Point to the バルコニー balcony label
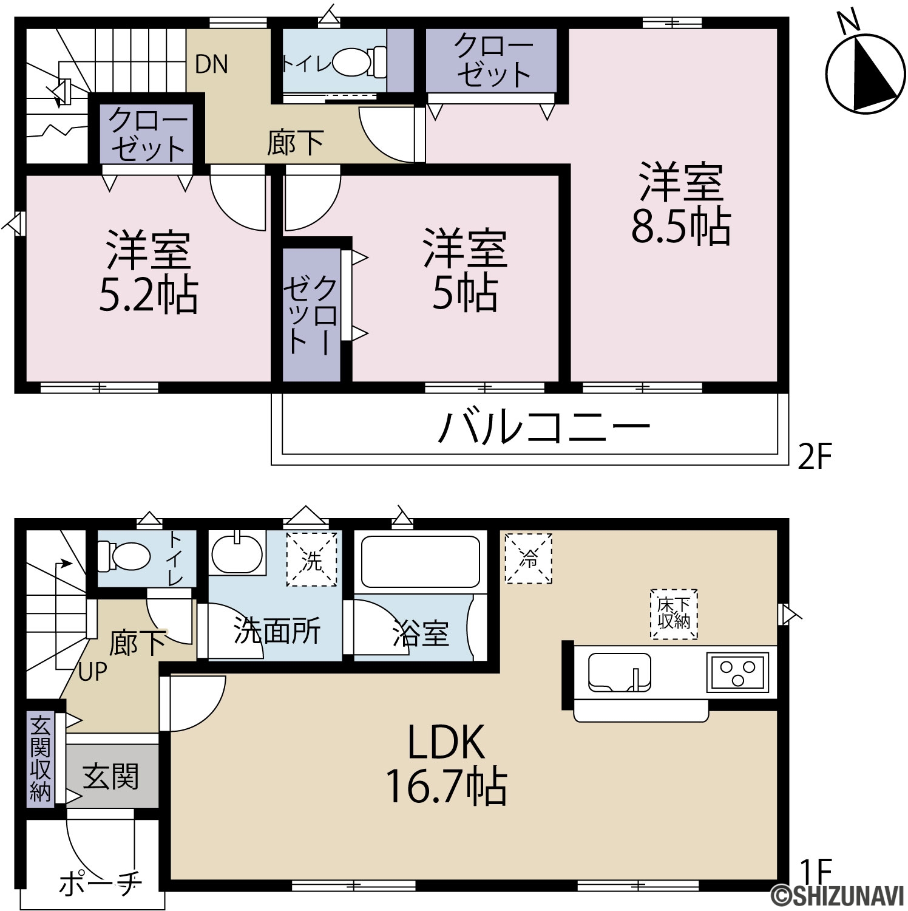[x=544, y=428]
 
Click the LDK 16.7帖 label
[x=446, y=764]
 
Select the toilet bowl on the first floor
[x=124, y=555]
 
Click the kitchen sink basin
[x=619, y=672]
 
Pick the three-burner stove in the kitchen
[x=737, y=672]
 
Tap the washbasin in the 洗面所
[x=237, y=553]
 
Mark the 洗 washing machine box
[x=311, y=559]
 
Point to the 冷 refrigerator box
[x=529, y=558]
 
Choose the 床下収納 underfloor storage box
[x=674, y=614]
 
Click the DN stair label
[x=211, y=64]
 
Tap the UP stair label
[x=93, y=672]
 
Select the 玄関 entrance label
[x=110, y=777]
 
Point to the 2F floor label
[x=813, y=457]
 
